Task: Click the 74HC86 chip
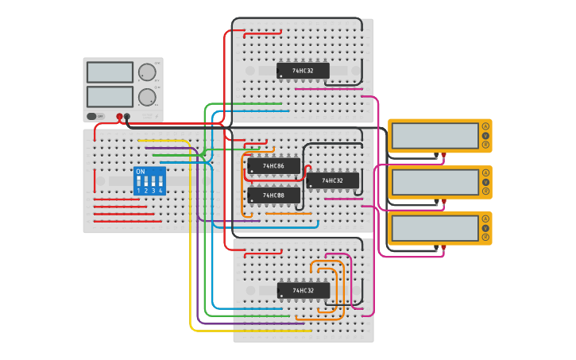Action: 273,167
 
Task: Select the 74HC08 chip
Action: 273,195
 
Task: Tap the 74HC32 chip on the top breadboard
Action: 303,71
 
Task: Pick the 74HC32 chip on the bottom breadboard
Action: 303,290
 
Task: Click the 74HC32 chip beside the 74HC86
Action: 332,181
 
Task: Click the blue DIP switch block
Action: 149,181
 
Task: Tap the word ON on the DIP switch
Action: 141,172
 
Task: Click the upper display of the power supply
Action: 110,72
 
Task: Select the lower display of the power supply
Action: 110,97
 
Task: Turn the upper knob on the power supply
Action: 147,73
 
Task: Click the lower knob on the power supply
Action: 147,98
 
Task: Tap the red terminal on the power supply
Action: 120,117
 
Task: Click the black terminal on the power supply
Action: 127,117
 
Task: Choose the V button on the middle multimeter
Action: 485,182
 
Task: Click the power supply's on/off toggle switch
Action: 93,116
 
